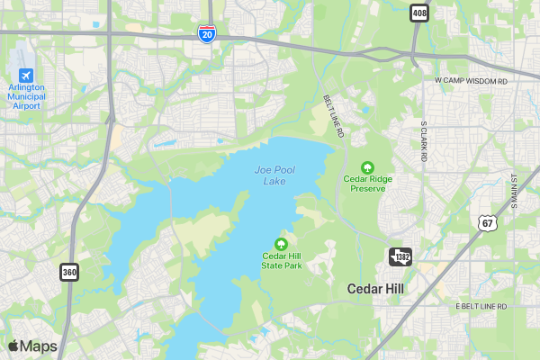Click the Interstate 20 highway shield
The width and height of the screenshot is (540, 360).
coord(207,34)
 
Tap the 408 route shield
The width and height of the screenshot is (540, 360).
coord(419,13)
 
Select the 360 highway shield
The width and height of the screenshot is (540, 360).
coord(69,271)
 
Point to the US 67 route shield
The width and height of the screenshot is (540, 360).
coord(487,222)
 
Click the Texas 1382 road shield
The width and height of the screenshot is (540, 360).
coord(400,257)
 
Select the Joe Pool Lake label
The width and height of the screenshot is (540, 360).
coord(274,175)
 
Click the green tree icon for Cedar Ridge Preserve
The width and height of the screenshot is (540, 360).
coord(367,166)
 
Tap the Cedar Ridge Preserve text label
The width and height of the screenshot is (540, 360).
coord(367,184)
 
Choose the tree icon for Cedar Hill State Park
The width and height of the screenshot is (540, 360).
coord(281,243)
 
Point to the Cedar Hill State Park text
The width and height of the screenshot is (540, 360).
coord(282,261)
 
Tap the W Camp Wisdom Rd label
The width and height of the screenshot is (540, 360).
coord(471,81)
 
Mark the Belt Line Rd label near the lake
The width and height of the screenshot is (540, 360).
coord(334,116)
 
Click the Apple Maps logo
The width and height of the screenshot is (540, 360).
coord(13,346)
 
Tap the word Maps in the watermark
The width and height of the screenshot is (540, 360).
coord(39,346)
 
